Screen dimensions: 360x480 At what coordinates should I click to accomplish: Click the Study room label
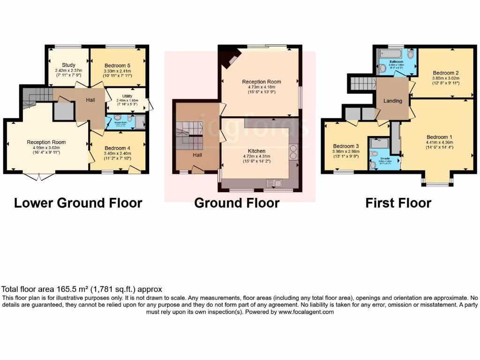[x=69, y=65]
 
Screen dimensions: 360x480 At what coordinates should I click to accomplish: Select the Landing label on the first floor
[x=392, y=101]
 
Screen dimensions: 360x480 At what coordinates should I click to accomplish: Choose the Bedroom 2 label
[x=445, y=73]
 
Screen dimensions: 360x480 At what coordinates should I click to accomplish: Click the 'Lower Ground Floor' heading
[x=78, y=203]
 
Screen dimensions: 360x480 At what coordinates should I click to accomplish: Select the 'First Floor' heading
[x=398, y=203]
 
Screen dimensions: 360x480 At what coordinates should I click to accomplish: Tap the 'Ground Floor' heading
[x=237, y=203]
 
